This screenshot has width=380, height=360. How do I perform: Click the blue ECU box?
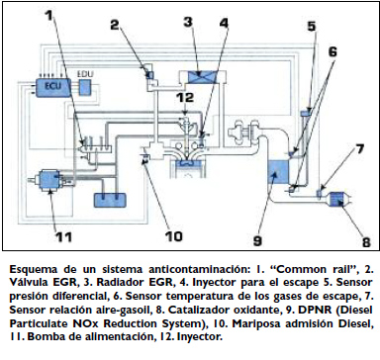(x=53, y=87)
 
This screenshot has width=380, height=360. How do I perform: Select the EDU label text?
(x=85, y=74)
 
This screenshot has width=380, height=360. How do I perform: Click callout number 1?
(x=48, y=15)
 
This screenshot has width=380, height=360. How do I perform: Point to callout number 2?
(x=115, y=25)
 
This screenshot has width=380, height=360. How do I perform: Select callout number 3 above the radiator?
(x=188, y=22)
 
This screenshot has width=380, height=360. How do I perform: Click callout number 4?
(x=224, y=23)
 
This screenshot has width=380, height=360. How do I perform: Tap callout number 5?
(x=312, y=26)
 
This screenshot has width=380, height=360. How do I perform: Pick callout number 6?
(x=332, y=51)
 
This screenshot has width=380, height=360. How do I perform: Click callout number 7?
(x=359, y=149)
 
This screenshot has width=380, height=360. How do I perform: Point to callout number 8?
(x=366, y=242)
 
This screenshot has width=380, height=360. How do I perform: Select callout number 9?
(x=257, y=240)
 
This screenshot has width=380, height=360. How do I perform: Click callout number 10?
(x=173, y=236)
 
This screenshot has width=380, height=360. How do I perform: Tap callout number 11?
(x=63, y=236)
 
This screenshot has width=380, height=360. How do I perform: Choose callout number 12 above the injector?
(x=185, y=98)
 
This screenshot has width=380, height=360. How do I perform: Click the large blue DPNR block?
(x=278, y=172)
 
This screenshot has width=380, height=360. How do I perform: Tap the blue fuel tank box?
(x=110, y=200)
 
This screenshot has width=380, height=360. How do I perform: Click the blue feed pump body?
(x=48, y=179)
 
